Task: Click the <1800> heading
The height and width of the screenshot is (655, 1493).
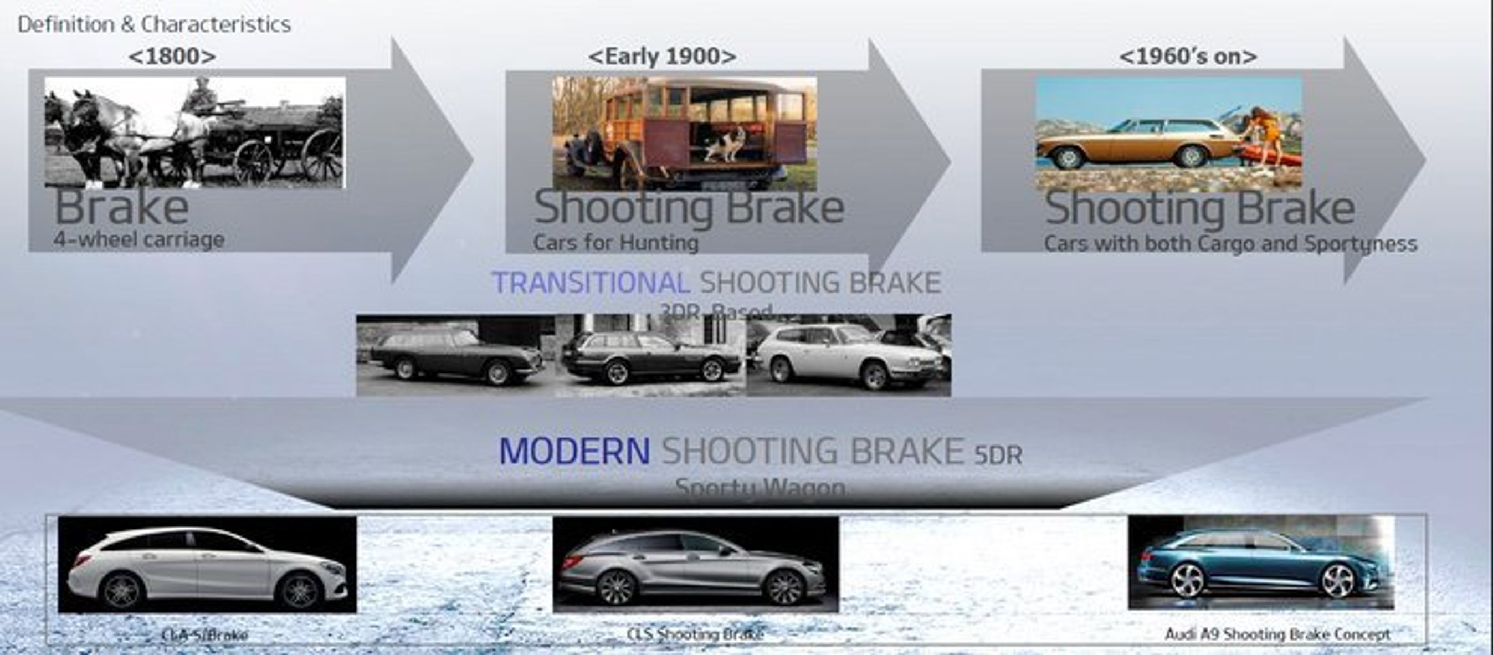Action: click(x=172, y=56)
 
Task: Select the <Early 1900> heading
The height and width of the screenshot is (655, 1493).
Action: click(x=662, y=56)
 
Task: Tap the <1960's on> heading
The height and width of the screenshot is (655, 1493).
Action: click(x=1188, y=56)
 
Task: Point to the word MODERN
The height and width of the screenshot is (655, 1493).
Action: click(x=574, y=451)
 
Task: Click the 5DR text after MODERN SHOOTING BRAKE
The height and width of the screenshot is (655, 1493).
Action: click(x=998, y=456)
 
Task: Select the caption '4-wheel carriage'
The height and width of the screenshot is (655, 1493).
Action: click(x=139, y=239)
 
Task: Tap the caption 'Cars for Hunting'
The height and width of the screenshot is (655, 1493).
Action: click(x=615, y=242)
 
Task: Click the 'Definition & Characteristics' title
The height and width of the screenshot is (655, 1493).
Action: click(x=154, y=24)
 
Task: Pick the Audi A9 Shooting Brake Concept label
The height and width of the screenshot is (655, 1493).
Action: click(x=1277, y=634)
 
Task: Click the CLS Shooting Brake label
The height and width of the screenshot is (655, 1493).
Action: click(x=695, y=634)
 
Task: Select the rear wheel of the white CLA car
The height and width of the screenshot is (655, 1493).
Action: click(x=122, y=590)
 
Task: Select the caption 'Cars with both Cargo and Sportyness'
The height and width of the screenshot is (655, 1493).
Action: click(x=1230, y=243)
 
